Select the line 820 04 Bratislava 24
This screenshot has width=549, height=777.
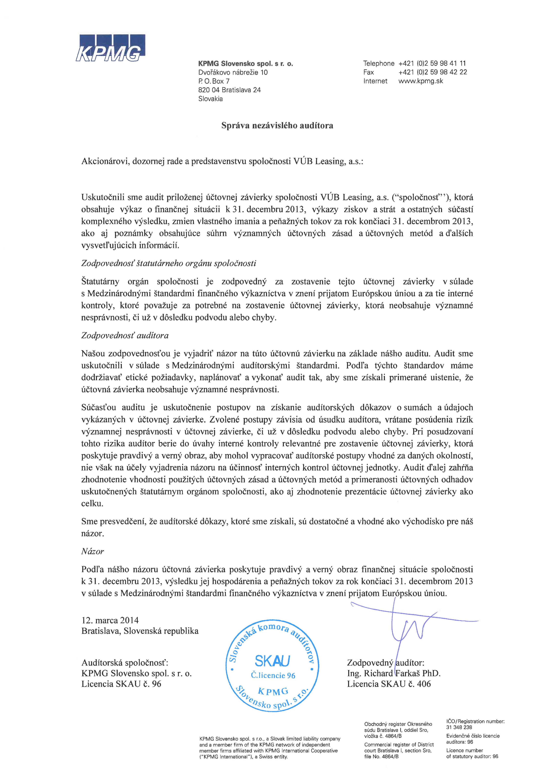coord(229,90)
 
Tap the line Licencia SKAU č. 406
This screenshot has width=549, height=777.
coord(389,684)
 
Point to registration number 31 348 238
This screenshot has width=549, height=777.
coord(459,727)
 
